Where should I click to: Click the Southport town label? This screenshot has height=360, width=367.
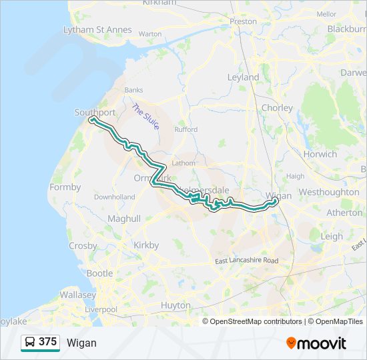95,113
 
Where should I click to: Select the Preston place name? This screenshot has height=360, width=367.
243,21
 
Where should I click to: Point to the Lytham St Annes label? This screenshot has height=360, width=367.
97,30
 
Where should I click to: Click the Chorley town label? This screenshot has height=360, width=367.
277,107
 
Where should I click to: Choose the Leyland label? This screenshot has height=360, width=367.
243,77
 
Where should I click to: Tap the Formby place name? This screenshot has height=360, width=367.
65,187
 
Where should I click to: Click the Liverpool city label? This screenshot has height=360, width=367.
101,309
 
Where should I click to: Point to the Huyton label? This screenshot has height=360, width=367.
175,305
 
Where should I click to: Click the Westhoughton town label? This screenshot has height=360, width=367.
329,192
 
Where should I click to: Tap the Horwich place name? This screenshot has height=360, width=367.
320,154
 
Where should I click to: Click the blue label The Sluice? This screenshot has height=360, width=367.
145,116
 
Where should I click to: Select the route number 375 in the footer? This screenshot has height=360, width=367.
47,342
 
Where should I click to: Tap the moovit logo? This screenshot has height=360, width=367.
316,343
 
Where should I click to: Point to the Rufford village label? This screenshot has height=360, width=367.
186,129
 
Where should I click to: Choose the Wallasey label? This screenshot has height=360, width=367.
78,294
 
